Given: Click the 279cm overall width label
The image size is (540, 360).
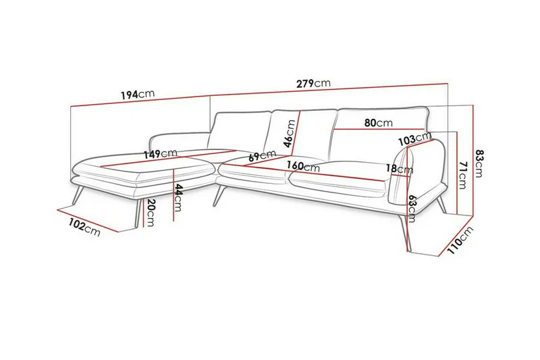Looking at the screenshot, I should [313, 84].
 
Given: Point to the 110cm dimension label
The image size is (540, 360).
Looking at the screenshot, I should [461, 241].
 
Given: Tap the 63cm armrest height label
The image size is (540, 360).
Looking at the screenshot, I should [411, 205].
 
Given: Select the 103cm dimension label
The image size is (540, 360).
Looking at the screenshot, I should [414, 139].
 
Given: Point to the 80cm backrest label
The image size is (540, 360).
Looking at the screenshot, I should [378, 123].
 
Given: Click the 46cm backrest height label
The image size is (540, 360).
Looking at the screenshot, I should [288, 134].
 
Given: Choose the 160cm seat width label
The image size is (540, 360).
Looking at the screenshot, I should [302, 165].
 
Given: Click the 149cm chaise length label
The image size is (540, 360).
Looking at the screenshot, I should [160, 154].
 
